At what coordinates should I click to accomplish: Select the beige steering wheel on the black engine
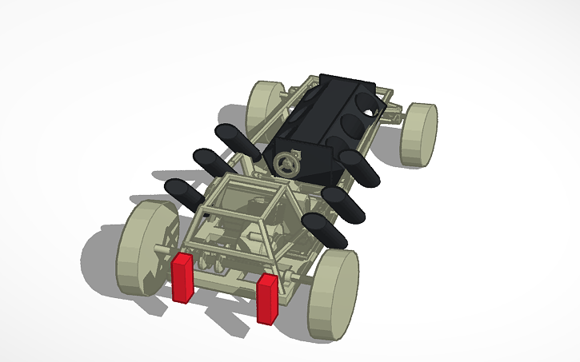tap(285, 164)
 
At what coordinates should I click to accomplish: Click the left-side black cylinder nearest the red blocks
tap(185, 193)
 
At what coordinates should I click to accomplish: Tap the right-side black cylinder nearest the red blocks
tap(325, 229)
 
